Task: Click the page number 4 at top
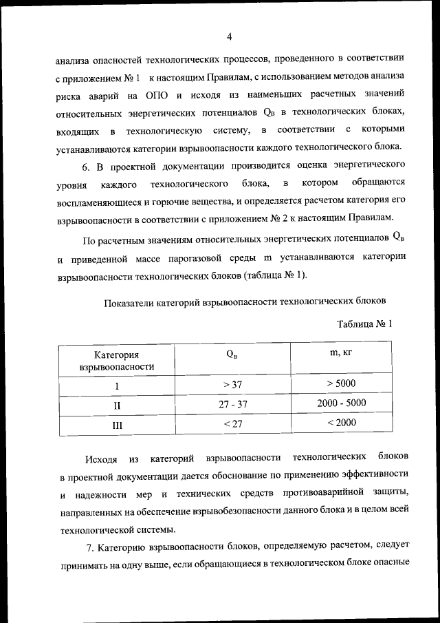[x=230, y=36]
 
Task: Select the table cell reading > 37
[x=233, y=384]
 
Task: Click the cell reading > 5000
[x=341, y=383]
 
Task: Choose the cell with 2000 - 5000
[x=342, y=403]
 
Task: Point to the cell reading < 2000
[x=342, y=423]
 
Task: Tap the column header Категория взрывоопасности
[x=117, y=361]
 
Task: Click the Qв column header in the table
[x=233, y=355]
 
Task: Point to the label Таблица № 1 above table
[x=364, y=324]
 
